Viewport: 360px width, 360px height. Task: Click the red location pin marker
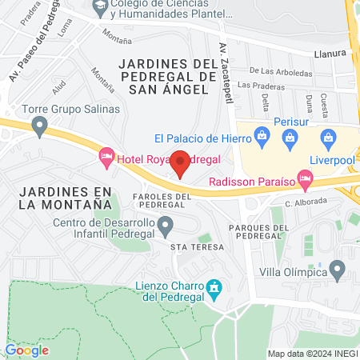tap(181, 162)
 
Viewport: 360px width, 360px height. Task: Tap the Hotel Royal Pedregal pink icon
tap(106, 158)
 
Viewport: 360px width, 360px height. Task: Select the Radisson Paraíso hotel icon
tap(304, 179)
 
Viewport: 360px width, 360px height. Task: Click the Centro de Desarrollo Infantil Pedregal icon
tap(166, 229)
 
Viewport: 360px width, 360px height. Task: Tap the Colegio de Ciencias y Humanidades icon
tap(100, 9)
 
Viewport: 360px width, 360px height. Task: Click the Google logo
tap(26, 350)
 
